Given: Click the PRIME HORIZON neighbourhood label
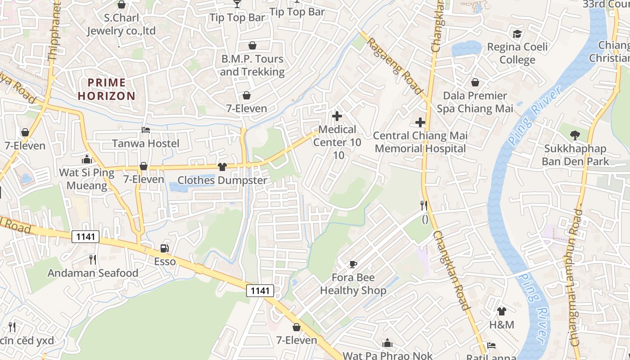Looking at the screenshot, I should point(106,89).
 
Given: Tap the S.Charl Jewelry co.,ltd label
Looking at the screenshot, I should point(121,25).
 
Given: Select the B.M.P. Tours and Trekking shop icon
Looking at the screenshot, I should point(252,45).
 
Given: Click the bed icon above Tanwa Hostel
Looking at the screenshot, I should point(146,130).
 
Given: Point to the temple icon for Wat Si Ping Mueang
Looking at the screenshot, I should point(86,159).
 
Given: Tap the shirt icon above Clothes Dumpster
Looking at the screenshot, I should point(222,167).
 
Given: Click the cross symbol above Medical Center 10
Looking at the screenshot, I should point(337,116).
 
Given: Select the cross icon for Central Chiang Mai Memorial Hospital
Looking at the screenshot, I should point(420,122).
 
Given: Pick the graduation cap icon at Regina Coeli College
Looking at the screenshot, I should point(517,34).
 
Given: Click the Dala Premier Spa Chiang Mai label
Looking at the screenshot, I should point(475,102).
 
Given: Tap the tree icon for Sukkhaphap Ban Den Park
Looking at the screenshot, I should point(575,135).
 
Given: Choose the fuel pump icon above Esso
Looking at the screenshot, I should point(165,248).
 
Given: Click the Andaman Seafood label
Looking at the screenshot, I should point(93,273).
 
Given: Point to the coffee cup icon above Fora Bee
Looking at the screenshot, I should point(353,264).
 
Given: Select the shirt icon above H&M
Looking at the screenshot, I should point(502,311).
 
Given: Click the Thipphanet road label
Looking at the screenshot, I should point(54,31).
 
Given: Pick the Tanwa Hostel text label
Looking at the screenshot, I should point(145,144).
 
